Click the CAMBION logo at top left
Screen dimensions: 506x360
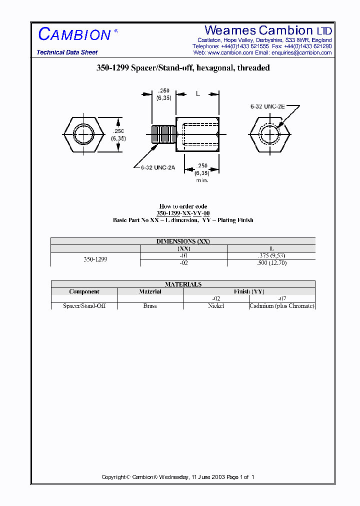tap(74, 34)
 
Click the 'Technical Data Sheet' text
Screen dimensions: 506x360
tap(67, 52)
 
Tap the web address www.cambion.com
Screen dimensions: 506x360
tap(230, 52)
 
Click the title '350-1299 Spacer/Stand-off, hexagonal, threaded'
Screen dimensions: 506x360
tap(183, 68)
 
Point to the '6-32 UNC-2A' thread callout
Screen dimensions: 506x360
tap(157, 167)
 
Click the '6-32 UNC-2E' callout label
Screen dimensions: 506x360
tap(268, 106)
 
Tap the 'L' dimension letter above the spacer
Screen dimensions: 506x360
tap(198, 94)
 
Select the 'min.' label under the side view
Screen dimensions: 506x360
tap(202, 179)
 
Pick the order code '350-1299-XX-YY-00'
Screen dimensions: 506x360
tap(183, 213)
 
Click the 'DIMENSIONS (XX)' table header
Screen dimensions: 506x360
tap(183, 241)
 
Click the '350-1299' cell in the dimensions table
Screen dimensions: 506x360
tap(95, 259)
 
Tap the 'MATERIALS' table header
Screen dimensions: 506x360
tap(183, 284)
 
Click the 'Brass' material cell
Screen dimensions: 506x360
tap(150, 306)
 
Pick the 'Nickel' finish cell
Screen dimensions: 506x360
tap(216, 306)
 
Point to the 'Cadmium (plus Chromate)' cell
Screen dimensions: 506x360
tap(282, 306)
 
